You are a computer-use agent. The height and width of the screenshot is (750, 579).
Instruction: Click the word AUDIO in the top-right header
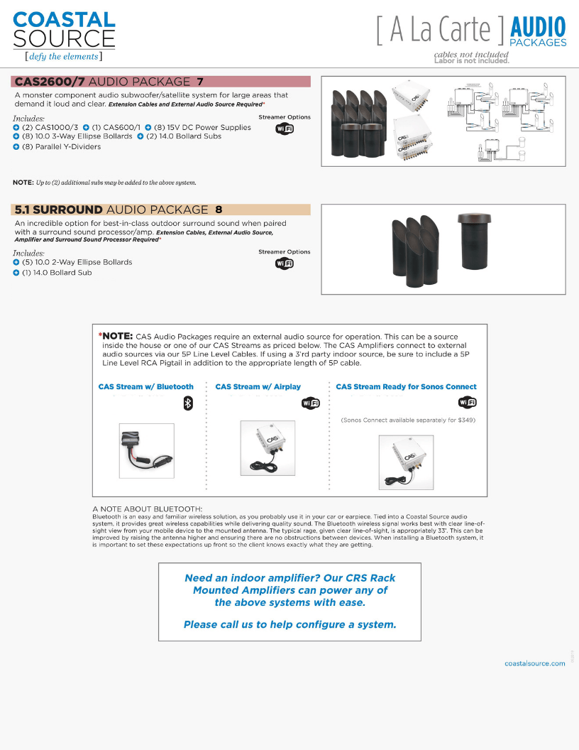coord(538,28)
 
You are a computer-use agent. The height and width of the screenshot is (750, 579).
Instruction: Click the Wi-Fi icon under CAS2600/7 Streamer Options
coord(284,129)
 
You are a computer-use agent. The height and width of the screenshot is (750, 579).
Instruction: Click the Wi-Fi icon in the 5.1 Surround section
coord(284,263)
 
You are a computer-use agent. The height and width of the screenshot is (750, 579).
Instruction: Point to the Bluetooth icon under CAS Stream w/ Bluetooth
coord(188,403)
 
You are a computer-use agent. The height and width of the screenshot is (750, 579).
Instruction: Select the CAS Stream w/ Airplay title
coord(258,387)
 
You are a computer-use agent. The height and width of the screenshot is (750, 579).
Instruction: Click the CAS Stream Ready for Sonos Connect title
coord(406,387)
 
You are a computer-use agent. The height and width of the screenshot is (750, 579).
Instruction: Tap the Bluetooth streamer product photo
coord(146,450)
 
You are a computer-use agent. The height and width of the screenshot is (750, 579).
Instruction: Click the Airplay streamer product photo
coord(268,447)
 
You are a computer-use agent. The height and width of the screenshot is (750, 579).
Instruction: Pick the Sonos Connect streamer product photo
coord(406,461)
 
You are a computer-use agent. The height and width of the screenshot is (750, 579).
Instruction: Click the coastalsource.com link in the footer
coord(534,663)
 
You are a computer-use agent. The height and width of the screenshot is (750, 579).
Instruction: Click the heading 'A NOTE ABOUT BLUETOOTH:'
coord(148,509)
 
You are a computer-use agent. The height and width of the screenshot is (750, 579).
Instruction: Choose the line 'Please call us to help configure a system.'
coord(289,625)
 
